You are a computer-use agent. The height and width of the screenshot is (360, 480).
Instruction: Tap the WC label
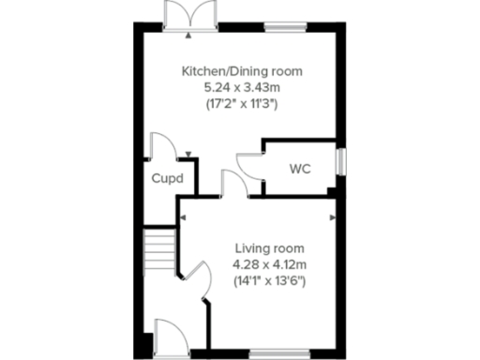pos(300,170)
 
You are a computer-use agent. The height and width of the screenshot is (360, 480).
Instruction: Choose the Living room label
pos(269,247)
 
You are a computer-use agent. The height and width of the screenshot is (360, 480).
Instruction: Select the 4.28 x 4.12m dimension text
pos(269,264)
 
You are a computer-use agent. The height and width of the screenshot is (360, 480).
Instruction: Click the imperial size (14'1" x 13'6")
pos(269,280)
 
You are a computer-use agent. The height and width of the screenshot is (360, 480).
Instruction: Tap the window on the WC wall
pos(340,158)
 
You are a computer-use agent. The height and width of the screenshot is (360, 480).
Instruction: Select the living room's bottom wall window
pos(277,353)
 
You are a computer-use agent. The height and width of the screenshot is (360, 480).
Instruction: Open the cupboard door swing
pos(161,147)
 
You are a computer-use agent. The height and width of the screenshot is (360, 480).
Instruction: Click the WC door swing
pos(250,163)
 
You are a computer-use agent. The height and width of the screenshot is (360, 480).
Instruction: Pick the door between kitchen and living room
pos(232,183)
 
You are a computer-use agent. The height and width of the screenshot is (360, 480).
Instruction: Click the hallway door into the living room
pos(198,281)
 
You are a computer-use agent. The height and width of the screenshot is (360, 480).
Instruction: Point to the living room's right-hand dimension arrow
pos(332,217)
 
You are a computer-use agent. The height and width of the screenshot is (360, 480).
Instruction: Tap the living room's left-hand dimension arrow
pos(184,217)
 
